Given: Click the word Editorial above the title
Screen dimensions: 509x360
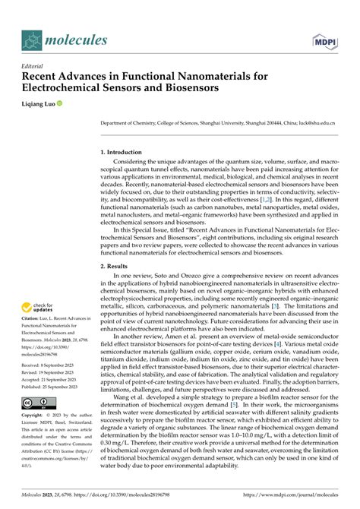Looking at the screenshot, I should (x=35, y=65).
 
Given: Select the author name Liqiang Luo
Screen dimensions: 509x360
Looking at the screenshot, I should (x=45, y=103).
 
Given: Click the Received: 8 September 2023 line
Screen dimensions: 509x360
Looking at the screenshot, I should (x=52, y=365).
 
